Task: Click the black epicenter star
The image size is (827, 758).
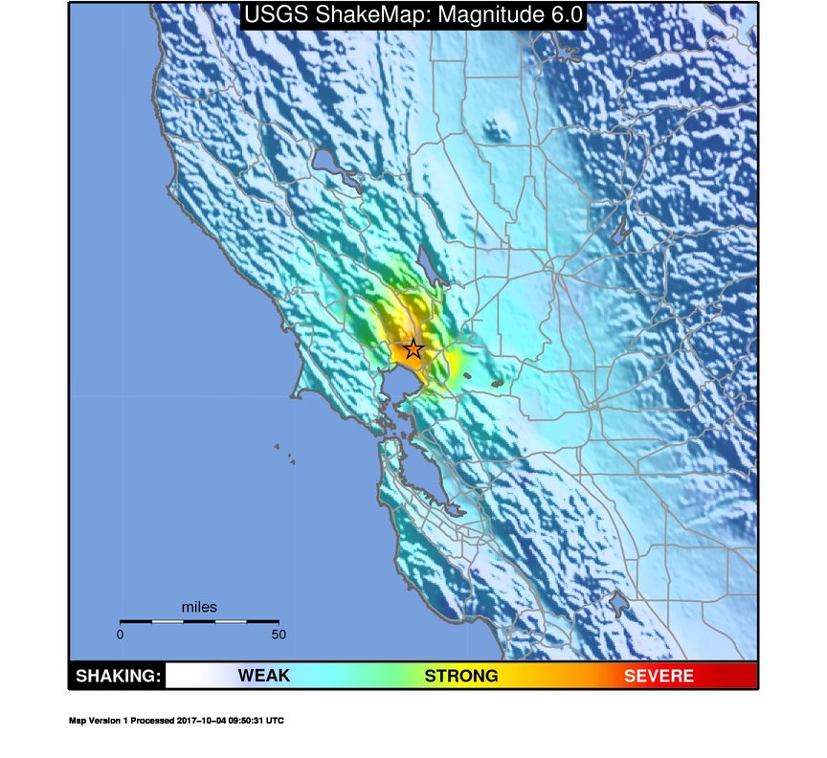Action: [x=413, y=349]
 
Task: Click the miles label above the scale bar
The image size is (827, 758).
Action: [x=199, y=607]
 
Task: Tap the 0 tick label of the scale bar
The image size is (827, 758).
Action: [x=120, y=634]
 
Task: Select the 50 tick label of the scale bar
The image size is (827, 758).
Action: [x=279, y=634]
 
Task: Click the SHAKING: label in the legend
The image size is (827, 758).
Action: [x=118, y=677]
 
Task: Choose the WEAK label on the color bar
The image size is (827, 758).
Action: [x=263, y=677]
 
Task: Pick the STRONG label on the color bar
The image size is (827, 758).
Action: [x=461, y=677]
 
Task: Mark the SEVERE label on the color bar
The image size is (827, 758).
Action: [x=659, y=677]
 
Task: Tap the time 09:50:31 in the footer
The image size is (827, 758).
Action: [x=247, y=721]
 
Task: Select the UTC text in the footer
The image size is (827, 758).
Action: [x=275, y=721]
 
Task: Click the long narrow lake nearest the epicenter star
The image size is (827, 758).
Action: [x=436, y=278]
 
